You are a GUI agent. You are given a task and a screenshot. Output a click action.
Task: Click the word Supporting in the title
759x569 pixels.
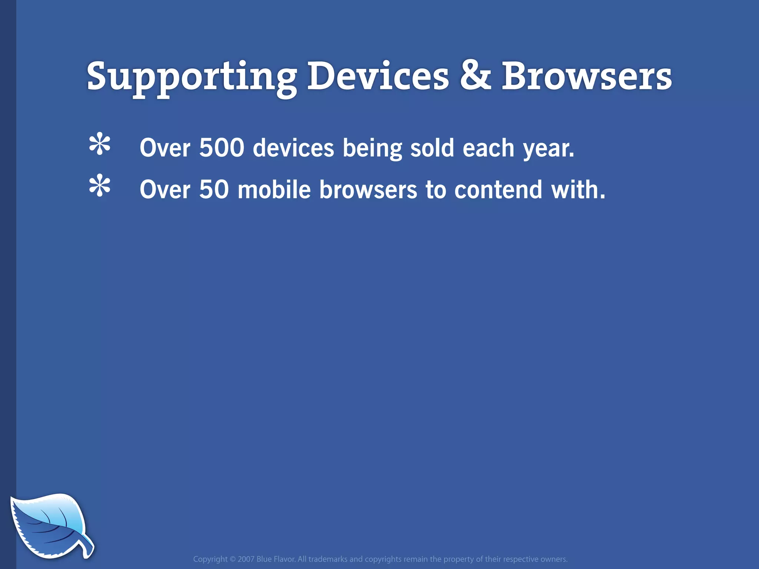click(x=192, y=77)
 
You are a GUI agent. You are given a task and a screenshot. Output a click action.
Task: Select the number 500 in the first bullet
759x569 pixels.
click(x=222, y=148)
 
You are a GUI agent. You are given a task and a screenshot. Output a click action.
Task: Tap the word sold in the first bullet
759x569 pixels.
click(x=432, y=148)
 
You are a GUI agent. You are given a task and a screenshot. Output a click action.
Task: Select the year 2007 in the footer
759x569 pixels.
click(x=246, y=559)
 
